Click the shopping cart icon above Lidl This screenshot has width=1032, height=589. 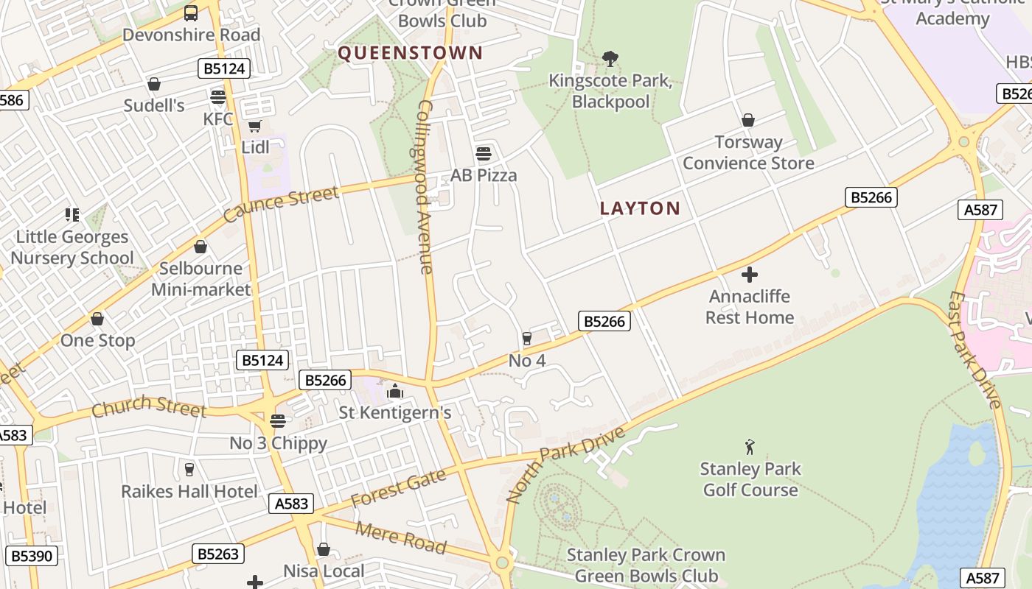tap(255, 126)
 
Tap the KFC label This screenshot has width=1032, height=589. tap(218, 119)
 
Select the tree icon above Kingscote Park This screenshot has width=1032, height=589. tap(610, 58)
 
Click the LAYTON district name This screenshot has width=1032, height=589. tap(640, 208)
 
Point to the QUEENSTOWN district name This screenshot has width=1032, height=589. tap(410, 53)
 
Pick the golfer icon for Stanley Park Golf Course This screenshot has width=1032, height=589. tap(750, 447)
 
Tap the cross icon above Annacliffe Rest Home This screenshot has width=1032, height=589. tap(750, 275)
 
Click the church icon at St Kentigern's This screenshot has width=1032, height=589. tap(395, 391)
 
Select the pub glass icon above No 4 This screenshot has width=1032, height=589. tap(526, 339)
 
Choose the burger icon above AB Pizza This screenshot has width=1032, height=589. tap(484, 154)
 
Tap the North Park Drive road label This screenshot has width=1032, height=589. tap(565, 465)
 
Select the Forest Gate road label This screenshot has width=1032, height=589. tap(399, 488)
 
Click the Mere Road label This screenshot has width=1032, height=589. tap(401, 537)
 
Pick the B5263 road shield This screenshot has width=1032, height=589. tap(219, 554)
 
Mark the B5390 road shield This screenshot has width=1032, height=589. tap(32, 555)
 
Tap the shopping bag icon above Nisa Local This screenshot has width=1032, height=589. tap(323, 549)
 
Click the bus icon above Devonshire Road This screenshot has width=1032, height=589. tap(191, 13)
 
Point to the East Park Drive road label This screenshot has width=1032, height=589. tap(976, 350)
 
